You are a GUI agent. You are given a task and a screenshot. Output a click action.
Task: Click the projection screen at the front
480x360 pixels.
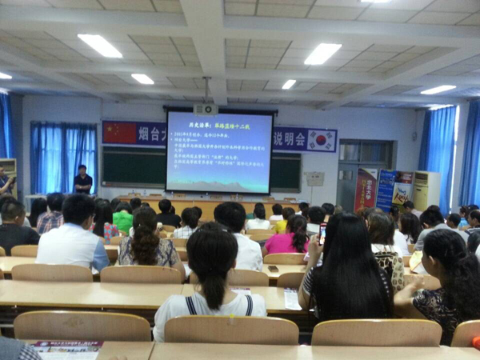tap(218, 151)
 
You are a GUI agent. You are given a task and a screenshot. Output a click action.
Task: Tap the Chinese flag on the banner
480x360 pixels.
tap(119, 133)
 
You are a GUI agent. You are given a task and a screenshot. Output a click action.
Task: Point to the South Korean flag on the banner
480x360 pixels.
tap(322, 139)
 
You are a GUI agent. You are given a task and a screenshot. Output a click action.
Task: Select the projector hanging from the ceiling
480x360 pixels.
tap(206, 110)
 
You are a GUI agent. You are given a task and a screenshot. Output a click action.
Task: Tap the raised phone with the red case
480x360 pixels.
tap(322, 233)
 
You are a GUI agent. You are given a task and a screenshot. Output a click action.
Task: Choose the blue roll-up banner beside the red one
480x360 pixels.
tap(386, 189)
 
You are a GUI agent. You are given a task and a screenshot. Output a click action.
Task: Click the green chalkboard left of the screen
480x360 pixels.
tap(133, 166)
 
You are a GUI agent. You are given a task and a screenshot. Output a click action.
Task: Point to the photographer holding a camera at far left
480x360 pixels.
tap(6, 183)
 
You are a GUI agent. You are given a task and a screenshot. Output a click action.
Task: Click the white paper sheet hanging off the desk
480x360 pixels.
tap(292, 299)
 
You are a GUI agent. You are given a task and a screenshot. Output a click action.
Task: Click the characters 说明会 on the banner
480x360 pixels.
tap(290, 139)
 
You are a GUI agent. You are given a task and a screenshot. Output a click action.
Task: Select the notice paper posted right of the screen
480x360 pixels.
tap(314, 178)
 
